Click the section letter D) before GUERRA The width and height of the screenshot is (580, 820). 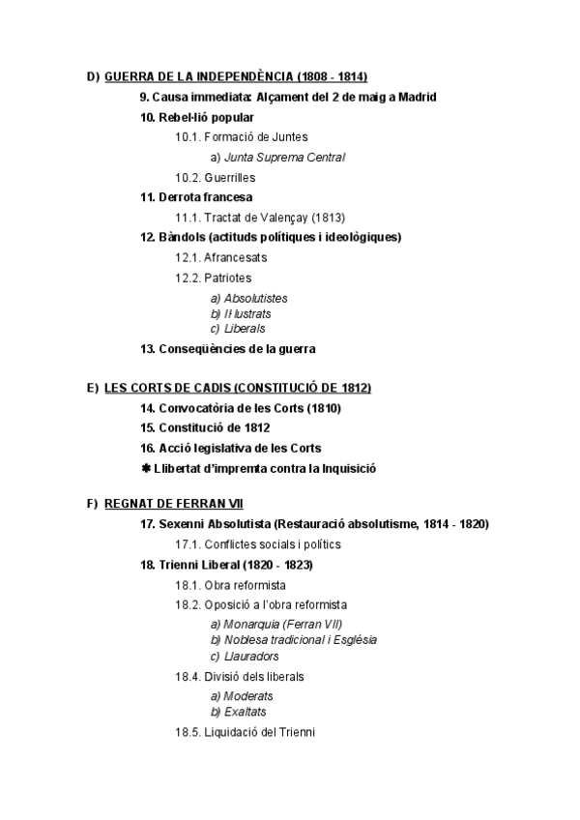(x=93, y=76)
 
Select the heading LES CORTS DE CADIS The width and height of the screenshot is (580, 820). (x=237, y=388)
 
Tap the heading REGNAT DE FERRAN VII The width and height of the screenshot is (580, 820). (x=174, y=504)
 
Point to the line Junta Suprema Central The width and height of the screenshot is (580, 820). (x=277, y=157)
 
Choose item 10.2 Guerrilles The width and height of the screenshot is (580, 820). (x=215, y=178)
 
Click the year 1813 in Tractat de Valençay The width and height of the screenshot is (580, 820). (x=327, y=218)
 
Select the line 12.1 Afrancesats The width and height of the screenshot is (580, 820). (x=220, y=258)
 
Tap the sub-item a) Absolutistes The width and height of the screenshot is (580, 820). (x=248, y=299)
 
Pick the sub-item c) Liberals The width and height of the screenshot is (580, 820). (x=238, y=329)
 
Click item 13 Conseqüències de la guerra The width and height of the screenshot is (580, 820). (x=228, y=349)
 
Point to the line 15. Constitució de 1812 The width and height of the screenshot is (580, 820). (x=205, y=427)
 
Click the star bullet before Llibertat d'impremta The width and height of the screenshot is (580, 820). (x=145, y=468)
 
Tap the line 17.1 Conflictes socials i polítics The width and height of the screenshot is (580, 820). (x=257, y=544)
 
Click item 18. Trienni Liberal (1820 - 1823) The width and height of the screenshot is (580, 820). (x=227, y=565)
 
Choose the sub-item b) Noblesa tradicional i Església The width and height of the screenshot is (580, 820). (x=293, y=639)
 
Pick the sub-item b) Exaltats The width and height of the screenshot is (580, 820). (x=238, y=712)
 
